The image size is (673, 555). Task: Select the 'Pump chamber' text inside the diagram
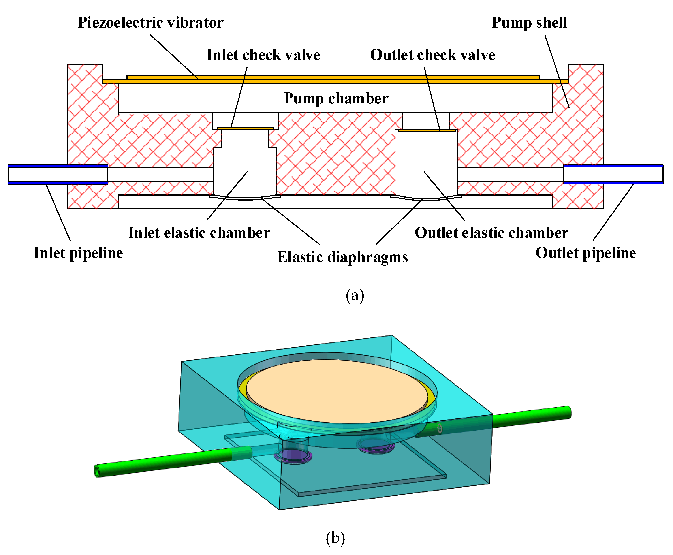click(x=336, y=98)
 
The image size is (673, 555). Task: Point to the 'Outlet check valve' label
click(x=432, y=55)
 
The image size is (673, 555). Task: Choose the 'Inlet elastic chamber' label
click(x=199, y=233)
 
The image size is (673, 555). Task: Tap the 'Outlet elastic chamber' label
click(x=491, y=233)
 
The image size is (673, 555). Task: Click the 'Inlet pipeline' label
click(x=78, y=253)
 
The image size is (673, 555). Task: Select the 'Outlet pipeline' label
click(x=585, y=253)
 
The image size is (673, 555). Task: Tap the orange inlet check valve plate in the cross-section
click(x=245, y=128)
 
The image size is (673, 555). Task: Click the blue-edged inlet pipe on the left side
click(x=58, y=175)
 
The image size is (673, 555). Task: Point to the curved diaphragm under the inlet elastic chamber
click(x=245, y=198)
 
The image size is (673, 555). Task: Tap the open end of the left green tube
click(x=97, y=471)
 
